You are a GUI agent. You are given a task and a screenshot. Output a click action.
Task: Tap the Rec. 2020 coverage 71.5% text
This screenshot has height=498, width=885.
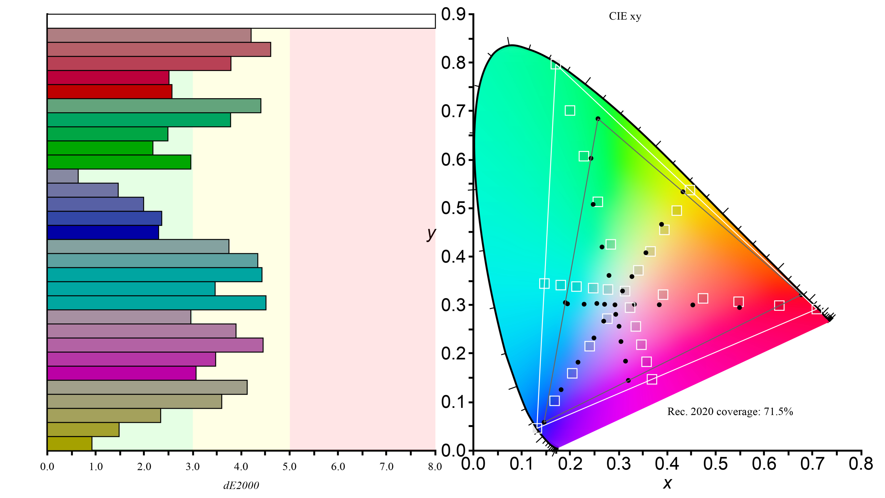click(x=730, y=411)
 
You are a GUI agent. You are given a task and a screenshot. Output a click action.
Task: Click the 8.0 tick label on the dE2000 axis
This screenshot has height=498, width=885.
click(x=435, y=466)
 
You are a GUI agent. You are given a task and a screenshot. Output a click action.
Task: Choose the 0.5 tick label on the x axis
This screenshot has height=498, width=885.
click(x=715, y=464)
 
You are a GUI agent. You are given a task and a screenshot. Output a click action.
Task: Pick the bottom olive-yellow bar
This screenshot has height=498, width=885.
click(x=69, y=443)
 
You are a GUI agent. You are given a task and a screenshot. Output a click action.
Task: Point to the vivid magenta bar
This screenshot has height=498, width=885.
click(x=122, y=373)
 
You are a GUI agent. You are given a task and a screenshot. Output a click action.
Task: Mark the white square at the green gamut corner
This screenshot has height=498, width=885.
click(x=555, y=64)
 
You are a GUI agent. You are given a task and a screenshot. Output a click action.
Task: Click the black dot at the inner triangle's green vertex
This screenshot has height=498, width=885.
click(x=598, y=119)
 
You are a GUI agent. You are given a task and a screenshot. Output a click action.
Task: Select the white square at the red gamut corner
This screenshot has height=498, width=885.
click(x=816, y=309)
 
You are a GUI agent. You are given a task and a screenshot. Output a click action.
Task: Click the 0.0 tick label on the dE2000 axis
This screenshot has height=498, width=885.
click(x=47, y=466)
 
